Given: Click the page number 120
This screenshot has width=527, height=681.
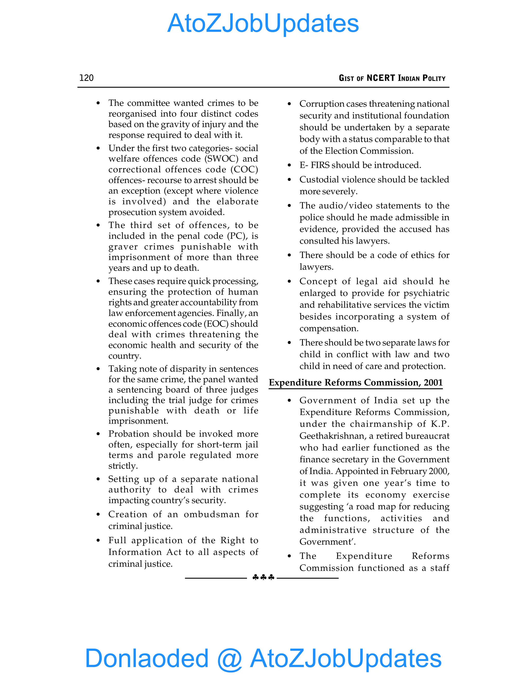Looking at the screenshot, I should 86,78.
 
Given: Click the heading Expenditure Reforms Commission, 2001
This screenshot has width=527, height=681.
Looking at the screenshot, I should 356,383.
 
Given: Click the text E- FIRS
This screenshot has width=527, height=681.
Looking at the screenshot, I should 314,165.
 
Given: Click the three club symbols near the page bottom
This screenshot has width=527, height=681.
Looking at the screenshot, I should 263,577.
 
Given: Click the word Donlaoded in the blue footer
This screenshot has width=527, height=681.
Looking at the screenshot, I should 147,658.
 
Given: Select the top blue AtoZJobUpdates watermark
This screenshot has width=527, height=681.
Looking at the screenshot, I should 263,23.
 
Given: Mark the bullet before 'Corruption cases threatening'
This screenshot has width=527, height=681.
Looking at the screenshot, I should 289,104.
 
